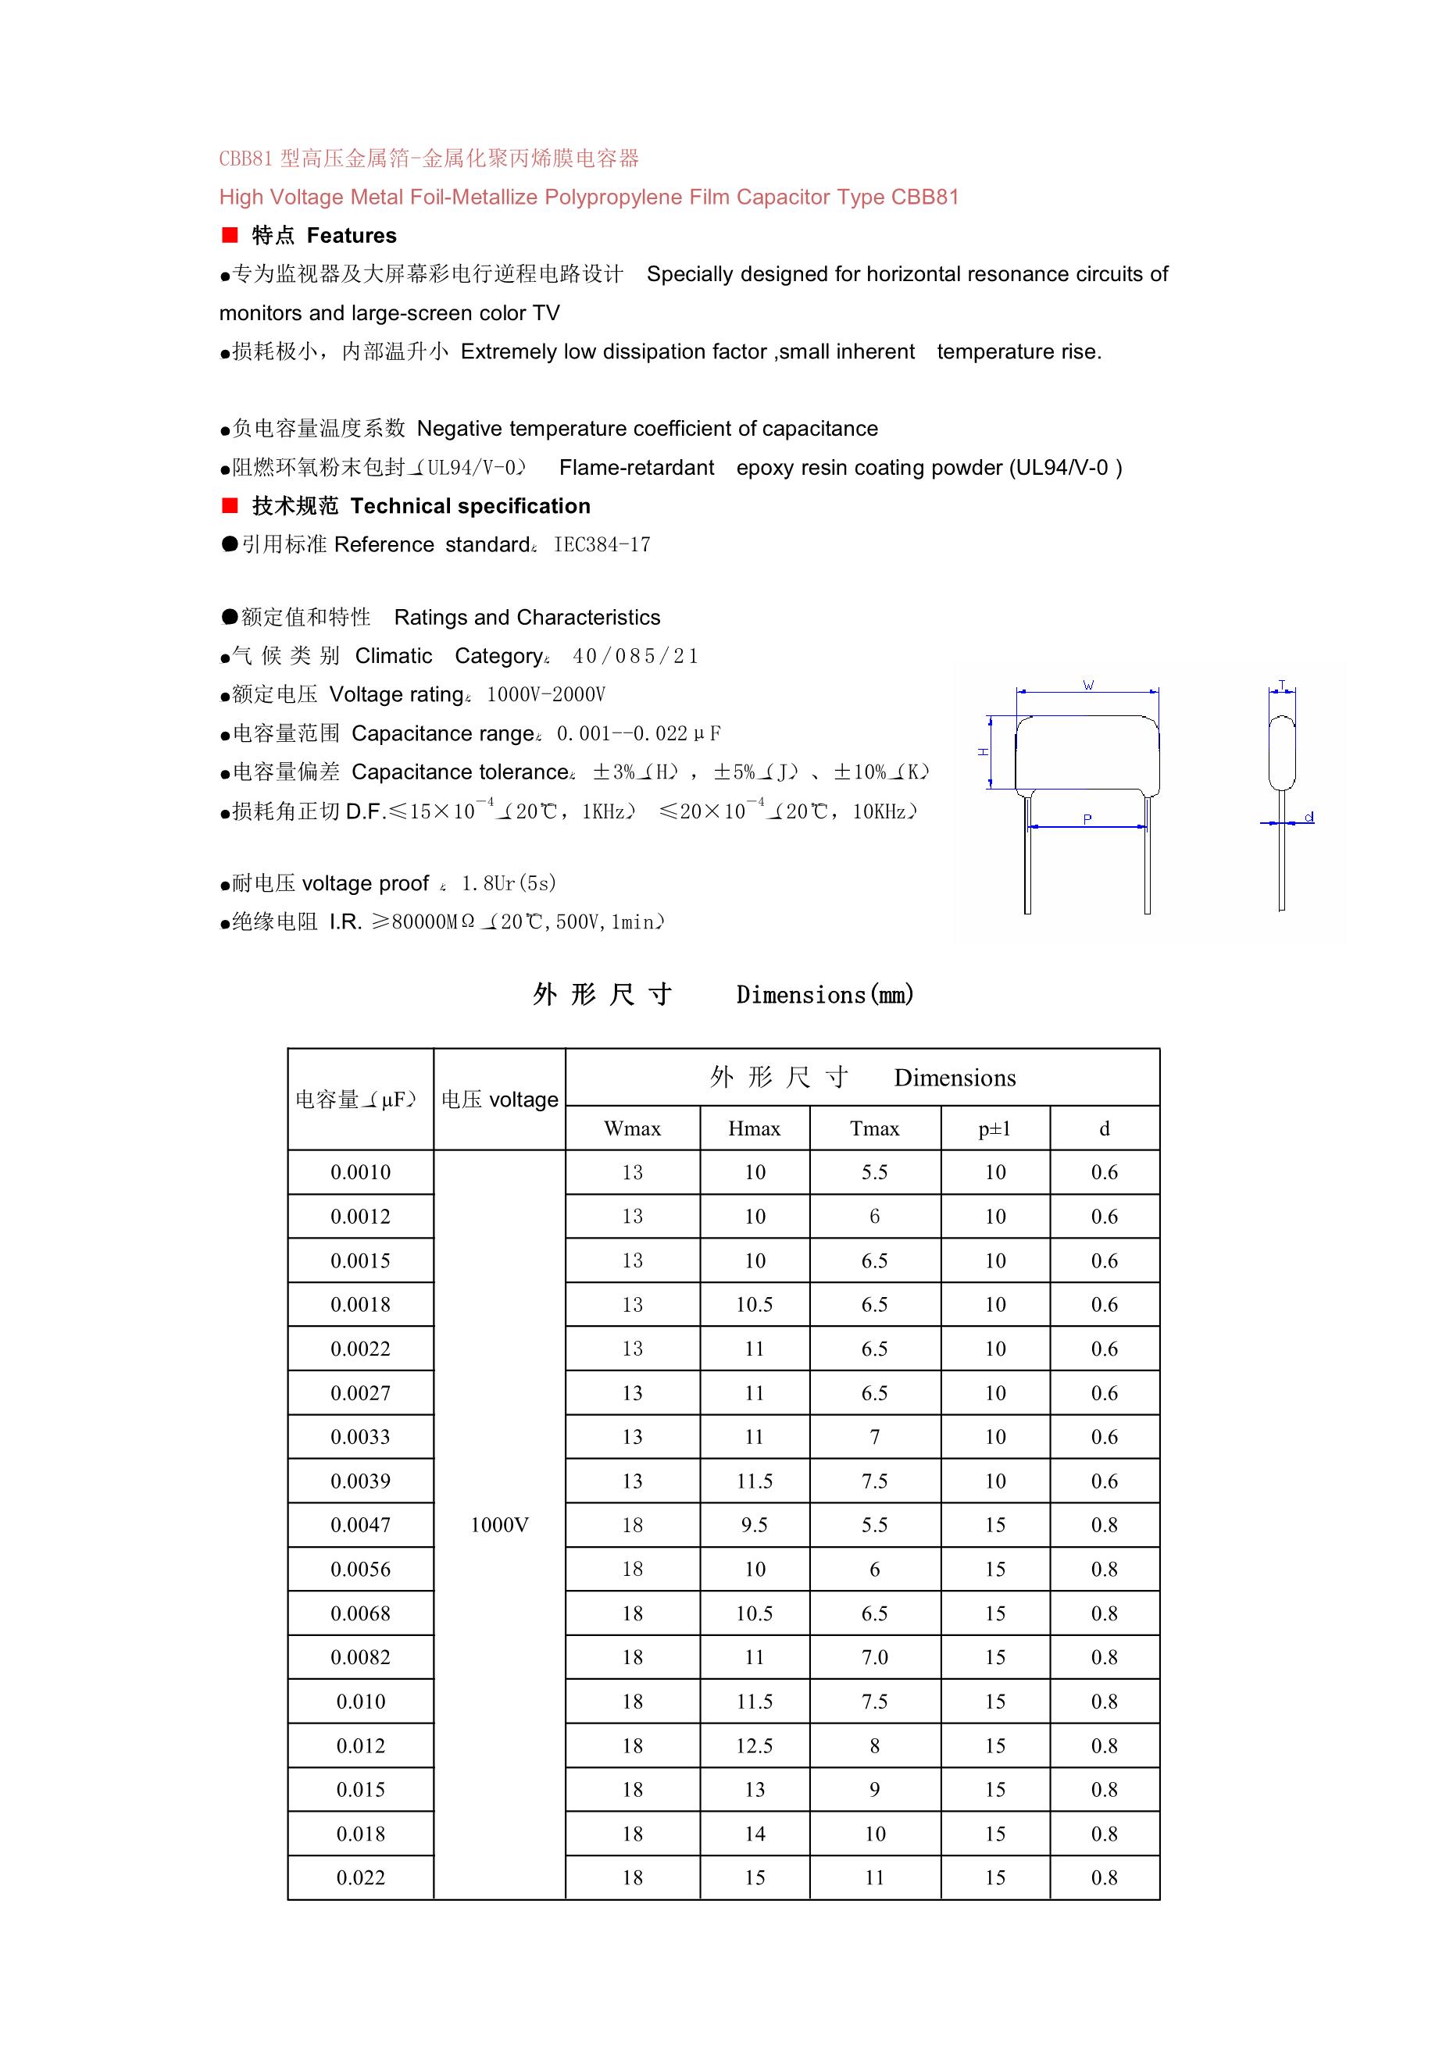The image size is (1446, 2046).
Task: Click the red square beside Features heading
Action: (x=230, y=234)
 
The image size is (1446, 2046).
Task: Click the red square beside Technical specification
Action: (x=230, y=505)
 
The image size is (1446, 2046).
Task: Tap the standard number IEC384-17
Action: (x=602, y=544)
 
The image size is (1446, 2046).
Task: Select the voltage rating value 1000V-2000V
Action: (x=545, y=694)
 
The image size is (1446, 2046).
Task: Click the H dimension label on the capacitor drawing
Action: (x=984, y=752)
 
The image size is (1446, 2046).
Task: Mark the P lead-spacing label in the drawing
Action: (x=1087, y=819)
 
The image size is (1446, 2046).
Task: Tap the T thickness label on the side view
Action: (x=1282, y=684)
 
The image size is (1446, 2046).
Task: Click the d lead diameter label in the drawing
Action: (x=1309, y=816)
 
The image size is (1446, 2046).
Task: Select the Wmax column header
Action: (x=632, y=1129)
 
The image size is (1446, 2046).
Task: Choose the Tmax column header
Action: (x=875, y=1129)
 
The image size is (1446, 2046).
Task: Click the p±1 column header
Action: (x=995, y=1129)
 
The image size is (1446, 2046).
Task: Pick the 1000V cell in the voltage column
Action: (x=499, y=1524)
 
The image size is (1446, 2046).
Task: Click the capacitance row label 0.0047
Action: (x=360, y=1524)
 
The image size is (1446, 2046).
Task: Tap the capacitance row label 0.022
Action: (x=360, y=1877)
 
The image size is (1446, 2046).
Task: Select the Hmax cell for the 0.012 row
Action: (x=754, y=1745)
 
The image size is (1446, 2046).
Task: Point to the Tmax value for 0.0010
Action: (x=875, y=1173)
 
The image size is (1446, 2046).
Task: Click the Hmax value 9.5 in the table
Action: (x=754, y=1524)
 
